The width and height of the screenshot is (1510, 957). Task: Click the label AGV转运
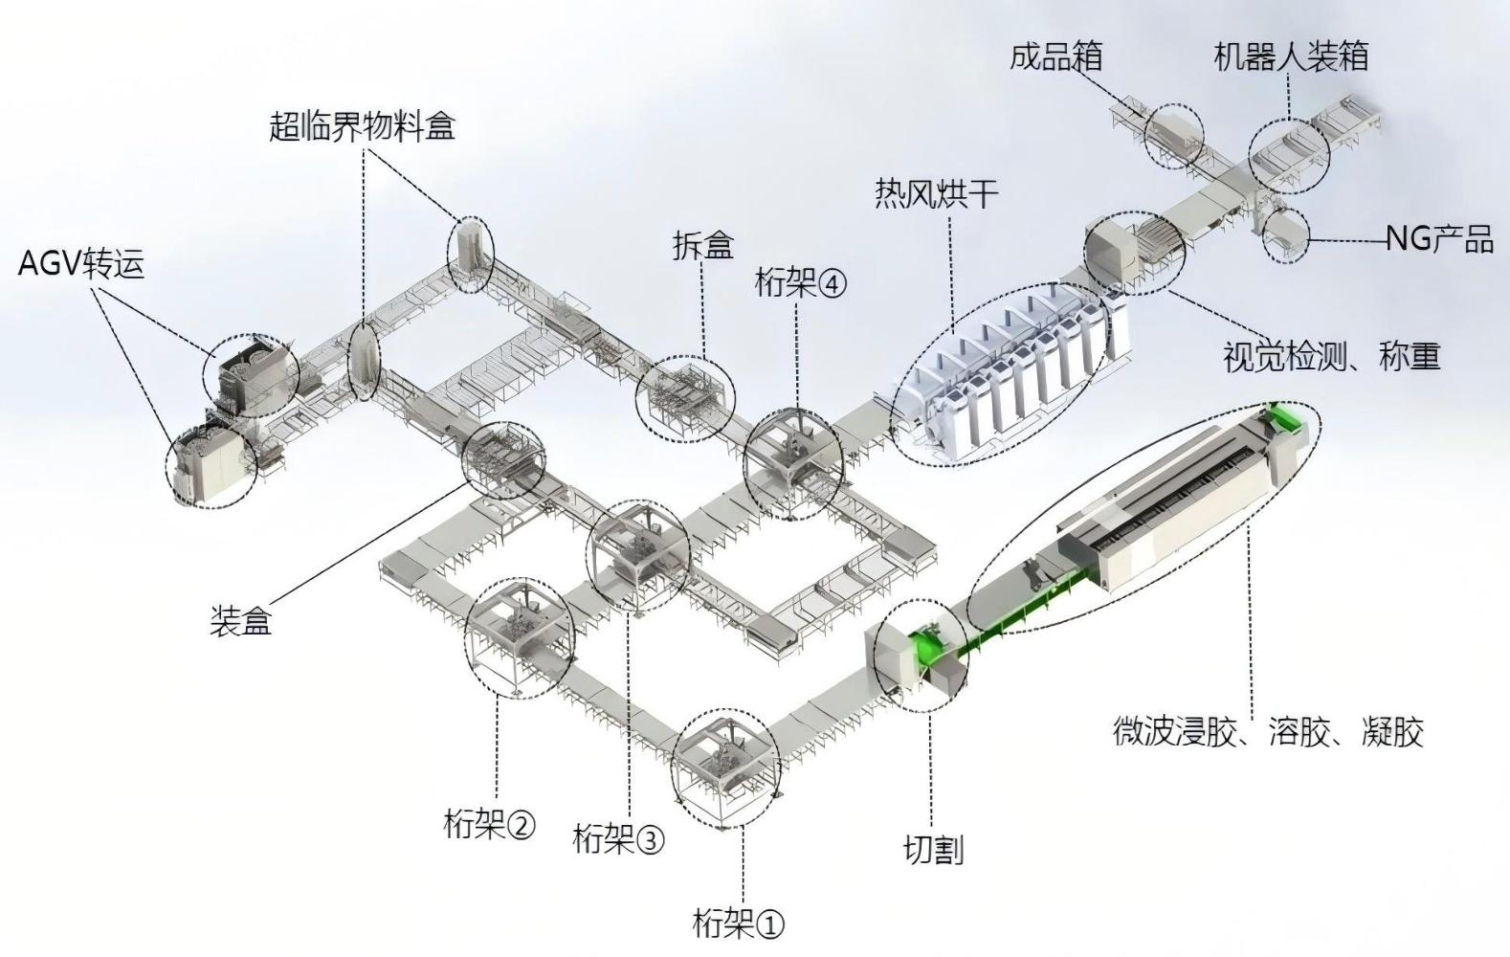pyautogui.click(x=81, y=263)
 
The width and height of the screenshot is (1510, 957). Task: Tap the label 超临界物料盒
pyautogui.click(x=362, y=125)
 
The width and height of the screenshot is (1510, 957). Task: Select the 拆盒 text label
pyautogui.click(x=702, y=246)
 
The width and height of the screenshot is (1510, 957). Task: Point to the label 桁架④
pyautogui.click(x=801, y=283)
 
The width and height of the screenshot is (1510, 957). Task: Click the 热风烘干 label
pyautogui.click(x=936, y=194)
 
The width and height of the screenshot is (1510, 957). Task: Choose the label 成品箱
pyautogui.click(x=1055, y=56)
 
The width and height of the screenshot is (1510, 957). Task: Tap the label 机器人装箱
pyautogui.click(x=1290, y=56)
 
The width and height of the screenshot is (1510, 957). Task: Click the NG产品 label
pyautogui.click(x=1439, y=238)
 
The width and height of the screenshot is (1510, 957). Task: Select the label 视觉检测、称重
pyautogui.click(x=1331, y=357)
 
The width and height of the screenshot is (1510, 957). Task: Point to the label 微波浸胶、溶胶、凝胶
pyautogui.click(x=1268, y=731)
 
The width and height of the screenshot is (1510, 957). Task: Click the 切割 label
pyautogui.click(x=933, y=849)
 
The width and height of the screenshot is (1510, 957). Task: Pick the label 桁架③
pyautogui.click(x=618, y=839)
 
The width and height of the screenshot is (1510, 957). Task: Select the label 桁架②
pyautogui.click(x=490, y=823)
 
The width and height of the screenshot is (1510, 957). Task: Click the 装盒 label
pyautogui.click(x=241, y=621)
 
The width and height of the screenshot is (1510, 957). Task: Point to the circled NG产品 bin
pyautogui.click(x=1284, y=234)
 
